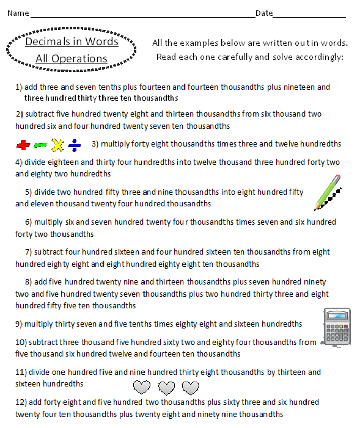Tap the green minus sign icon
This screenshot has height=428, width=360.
[40, 145]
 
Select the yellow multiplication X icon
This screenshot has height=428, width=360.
[57, 145]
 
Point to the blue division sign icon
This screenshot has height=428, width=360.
[75, 145]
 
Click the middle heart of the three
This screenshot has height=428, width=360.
[166, 387]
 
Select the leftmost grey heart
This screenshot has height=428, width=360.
[142, 387]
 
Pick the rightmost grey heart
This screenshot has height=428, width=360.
[191, 387]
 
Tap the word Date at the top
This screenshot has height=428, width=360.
[264, 13]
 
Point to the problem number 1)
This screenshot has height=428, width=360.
[18, 87]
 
